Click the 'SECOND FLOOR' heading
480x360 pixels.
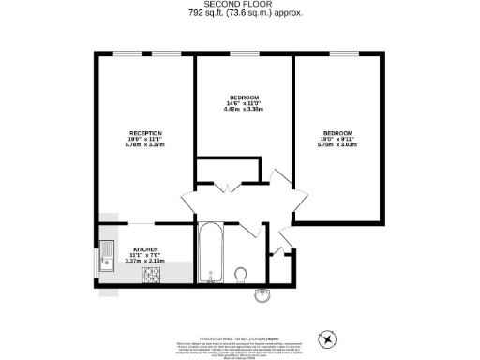[x=241, y=5]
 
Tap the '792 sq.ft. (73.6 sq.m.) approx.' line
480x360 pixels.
[x=241, y=14]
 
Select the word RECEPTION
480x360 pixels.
[x=145, y=132]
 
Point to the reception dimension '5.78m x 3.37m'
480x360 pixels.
[x=145, y=145]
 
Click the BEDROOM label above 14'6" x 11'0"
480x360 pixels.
[x=244, y=97]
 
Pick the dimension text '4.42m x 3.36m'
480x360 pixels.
[x=244, y=111]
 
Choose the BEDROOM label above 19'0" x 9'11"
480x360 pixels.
[x=337, y=132]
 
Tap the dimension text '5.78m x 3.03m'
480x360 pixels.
[x=337, y=145]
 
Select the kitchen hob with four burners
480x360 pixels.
[x=152, y=275]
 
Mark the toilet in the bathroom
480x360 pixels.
[x=242, y=275]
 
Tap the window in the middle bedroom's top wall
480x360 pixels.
[x=244, y=55]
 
